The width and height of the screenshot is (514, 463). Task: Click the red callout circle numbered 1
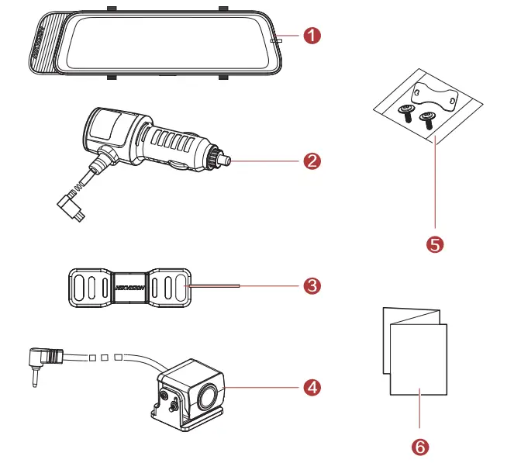pos(311,36)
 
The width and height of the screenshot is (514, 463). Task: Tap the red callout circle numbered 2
pos(311,161)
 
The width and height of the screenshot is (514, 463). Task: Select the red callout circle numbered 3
pos(311,285)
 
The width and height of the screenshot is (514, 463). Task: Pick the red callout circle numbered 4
pos(311,386)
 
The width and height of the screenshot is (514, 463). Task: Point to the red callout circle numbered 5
pos(435,244)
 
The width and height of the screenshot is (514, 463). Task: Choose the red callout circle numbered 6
pos(419,447)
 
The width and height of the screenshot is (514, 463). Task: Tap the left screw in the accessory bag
pos(405,113)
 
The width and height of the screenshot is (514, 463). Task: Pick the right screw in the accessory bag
pos(426,119)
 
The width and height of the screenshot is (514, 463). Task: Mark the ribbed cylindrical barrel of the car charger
pos(167,143)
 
